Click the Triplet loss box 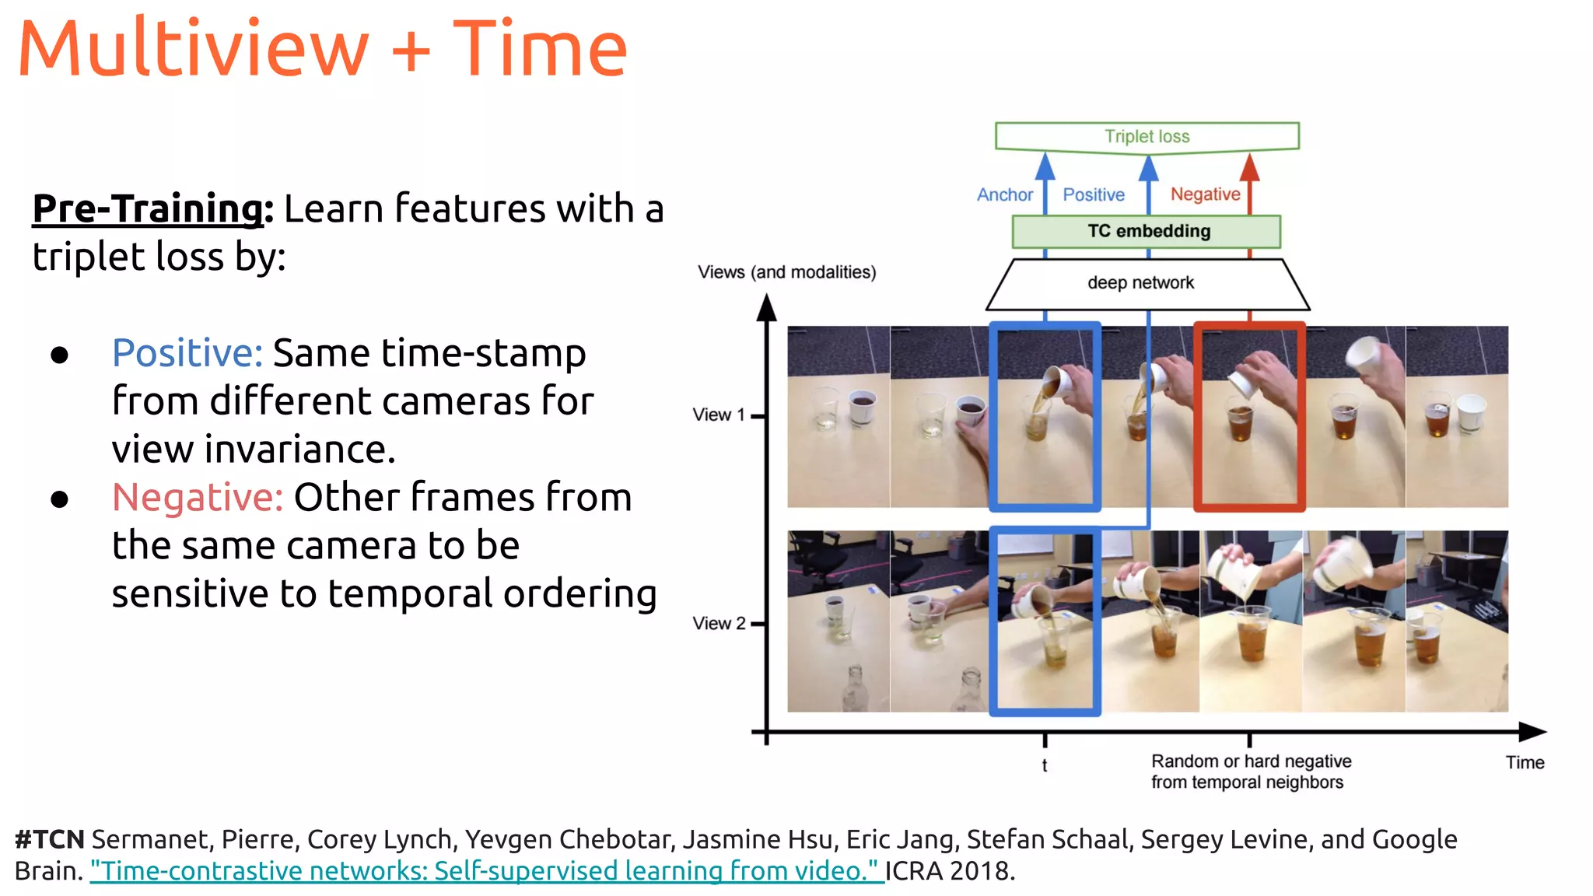(1147, 136)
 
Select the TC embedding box (1147, 231)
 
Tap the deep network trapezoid (1140, 283)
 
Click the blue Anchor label (1005, 194)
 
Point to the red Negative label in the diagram (1205, 194)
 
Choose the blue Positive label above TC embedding (1094, 194)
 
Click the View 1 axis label (719, 415)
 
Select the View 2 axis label (719, 623)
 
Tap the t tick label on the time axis (1045, 765)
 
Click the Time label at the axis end (1525, 762)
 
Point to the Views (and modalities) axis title (786, 272)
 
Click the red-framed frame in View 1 (1249, 417)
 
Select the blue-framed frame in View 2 (1045, 621)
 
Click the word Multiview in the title (193, 48)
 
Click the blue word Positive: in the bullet (187, 353)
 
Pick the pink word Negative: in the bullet (198, 497)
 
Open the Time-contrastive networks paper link (486, 870)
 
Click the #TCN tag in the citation (50, 839)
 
